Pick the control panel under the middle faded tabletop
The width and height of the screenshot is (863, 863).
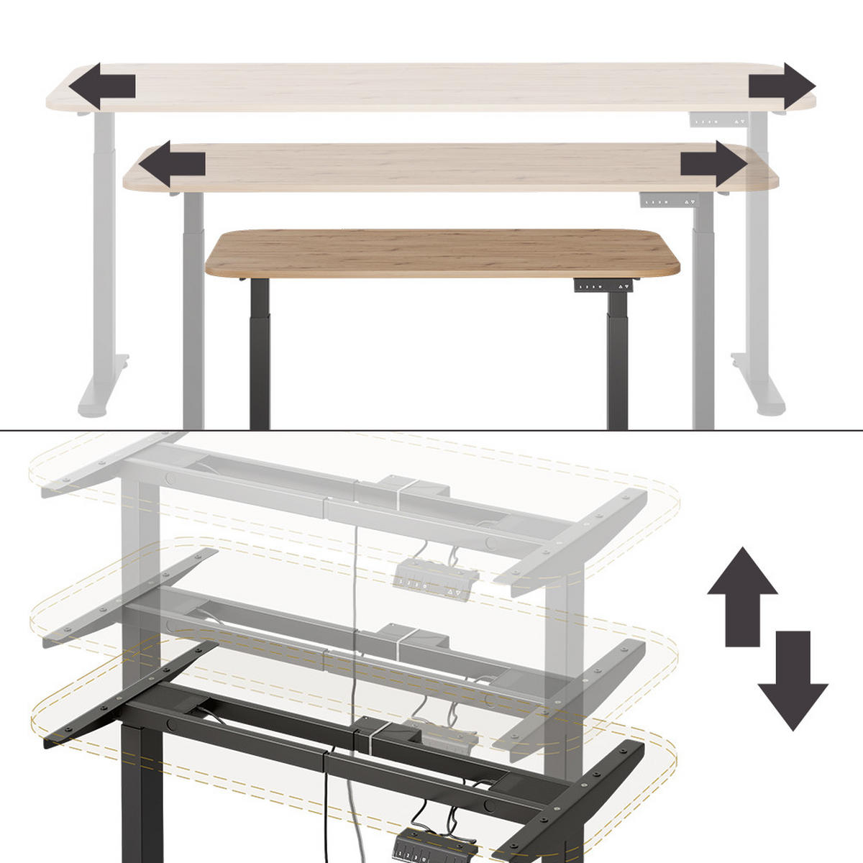click(669, 201)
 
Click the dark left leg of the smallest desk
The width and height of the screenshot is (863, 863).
click(260, 352)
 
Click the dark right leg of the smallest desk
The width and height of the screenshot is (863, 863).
click(617, 360)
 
